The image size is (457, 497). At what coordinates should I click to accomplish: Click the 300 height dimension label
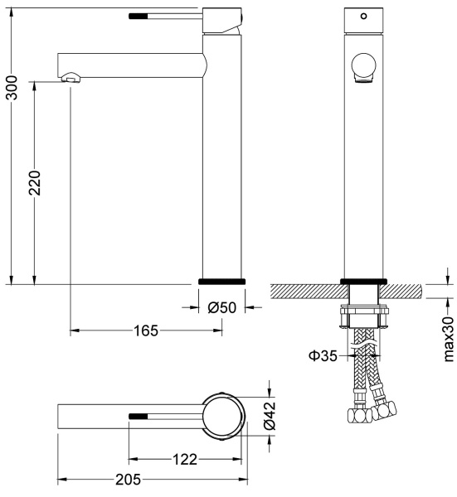pyautogui.click(x=12, y=88)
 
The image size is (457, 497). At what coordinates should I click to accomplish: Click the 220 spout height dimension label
pyautogui.click(x=35, y=183)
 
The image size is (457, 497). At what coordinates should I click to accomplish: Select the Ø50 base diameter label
pyautogui.click(x=221, y=307)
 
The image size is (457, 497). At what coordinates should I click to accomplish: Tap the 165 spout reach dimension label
pyautogui.click(x=146, y=331)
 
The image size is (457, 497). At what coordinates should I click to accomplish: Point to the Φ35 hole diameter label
pyautogui.click(x=323, y=355)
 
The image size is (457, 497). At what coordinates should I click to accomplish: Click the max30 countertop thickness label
pyautogui.click(x=449, y=339)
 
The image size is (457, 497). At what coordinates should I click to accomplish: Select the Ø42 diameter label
pyautogui.click(x=270, y=416)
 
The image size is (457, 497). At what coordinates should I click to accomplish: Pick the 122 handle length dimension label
pyautogui.click(x=185, y=459)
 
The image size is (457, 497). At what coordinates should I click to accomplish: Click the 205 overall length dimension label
pyautogui.click(x=128, y=480)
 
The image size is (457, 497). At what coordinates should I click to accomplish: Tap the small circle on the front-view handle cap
pyautogui.click(x=364, y=16)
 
